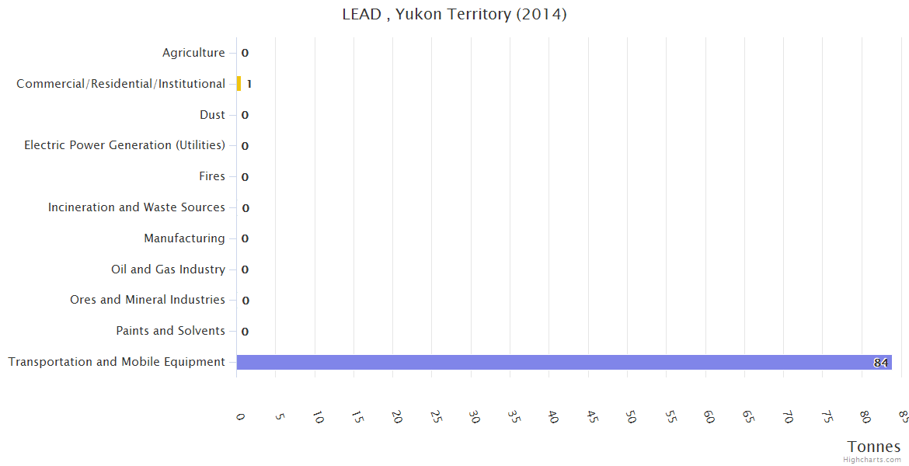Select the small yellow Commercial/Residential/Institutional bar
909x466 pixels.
[239, 84]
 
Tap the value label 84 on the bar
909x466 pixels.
[880, 363]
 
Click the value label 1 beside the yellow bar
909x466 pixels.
[249, 84]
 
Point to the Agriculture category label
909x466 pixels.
[193, 53]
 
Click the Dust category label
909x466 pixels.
[212, 115]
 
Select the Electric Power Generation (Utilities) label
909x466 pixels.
[124, 145]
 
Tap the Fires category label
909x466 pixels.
[212, 176]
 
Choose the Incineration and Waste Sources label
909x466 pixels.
[137, 207]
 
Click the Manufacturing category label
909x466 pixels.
[184, 238]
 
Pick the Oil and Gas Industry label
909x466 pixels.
[168, 270]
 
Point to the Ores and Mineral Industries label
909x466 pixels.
[148, 300]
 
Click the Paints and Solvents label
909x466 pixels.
[170, 331]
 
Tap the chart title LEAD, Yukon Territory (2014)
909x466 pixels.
[454, 15]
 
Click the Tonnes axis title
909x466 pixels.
[874, 447]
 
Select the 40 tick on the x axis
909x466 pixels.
[552, 418]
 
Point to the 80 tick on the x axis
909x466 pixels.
[865, 418]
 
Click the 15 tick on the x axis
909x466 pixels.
[357, 418]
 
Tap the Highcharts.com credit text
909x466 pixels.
[872, 460]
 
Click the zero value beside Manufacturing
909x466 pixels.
[245, 238]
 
